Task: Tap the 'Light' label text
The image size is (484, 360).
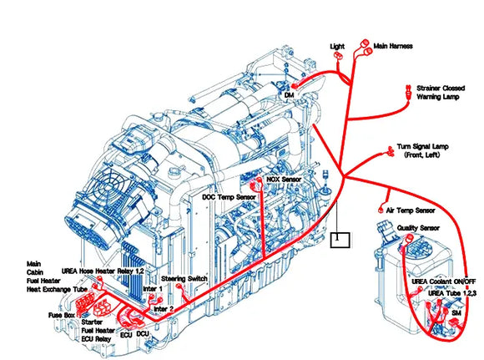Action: (337, 47)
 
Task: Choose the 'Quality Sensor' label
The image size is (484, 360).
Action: (418, 227)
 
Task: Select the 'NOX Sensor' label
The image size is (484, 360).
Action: (283, 179)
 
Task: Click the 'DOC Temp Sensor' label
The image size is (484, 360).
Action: (229, 197)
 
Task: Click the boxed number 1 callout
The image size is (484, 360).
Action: (337, 239)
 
